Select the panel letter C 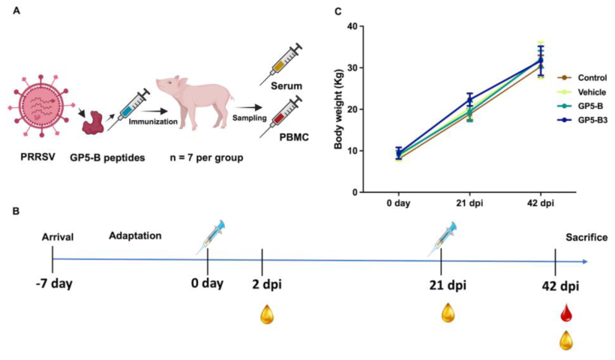point(316,11)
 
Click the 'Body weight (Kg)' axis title point(330,109)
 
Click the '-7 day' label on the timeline point(52,286)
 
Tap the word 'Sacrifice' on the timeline point(586,238)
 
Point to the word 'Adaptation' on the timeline point(135,235)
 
